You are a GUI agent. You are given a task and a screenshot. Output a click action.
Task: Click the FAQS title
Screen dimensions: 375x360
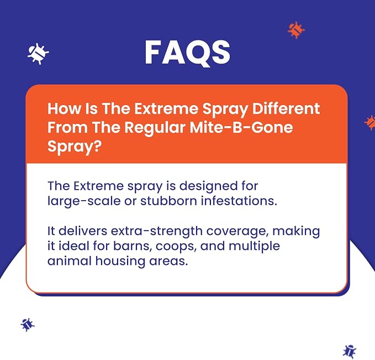187,53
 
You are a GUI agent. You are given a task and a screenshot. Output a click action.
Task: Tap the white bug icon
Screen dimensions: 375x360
38,54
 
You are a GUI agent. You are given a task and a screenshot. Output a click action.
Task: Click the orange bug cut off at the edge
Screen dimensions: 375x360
369,123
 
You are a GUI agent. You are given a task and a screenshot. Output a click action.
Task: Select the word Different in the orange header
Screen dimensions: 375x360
286,109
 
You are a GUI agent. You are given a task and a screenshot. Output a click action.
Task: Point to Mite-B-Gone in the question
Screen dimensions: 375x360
241,127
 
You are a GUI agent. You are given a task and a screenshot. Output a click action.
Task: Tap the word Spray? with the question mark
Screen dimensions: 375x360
75,147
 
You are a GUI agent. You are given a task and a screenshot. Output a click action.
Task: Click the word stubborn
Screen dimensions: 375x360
168,201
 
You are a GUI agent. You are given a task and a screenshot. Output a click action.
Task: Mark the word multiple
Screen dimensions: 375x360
254,247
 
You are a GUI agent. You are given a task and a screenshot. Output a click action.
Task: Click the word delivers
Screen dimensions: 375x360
83,231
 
